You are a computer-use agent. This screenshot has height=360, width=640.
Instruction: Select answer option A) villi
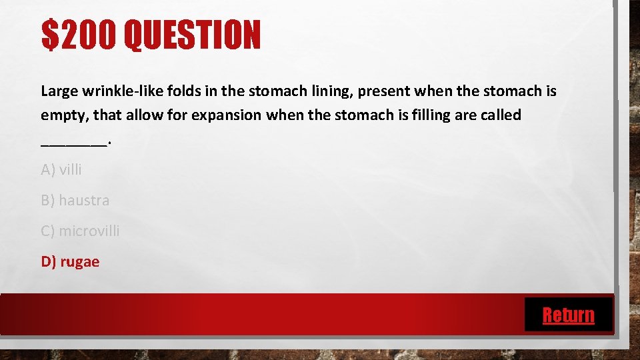pyautogui.click(x=61, y=170)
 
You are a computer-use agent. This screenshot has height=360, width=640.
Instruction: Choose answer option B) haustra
pyautogui.click(x=75, y=200)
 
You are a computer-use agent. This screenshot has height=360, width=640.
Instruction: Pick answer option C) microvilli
pyautogui.click(x=80, y=231)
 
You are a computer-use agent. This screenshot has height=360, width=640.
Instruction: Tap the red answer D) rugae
pyautogui.click(x=70, y=261)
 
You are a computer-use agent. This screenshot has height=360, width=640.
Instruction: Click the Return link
pyautogui.click(x=568, y=315)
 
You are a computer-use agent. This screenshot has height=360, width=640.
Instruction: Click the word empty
pyautogui.click(x=63, y=115)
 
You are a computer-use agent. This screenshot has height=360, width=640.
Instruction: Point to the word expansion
pyautogui.click(x=227, y=115)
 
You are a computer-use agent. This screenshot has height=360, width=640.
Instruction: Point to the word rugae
pyautogui.click(x=79, y=262)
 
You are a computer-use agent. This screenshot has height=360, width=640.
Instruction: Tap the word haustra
pyautogui.click(x=84, y=200)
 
